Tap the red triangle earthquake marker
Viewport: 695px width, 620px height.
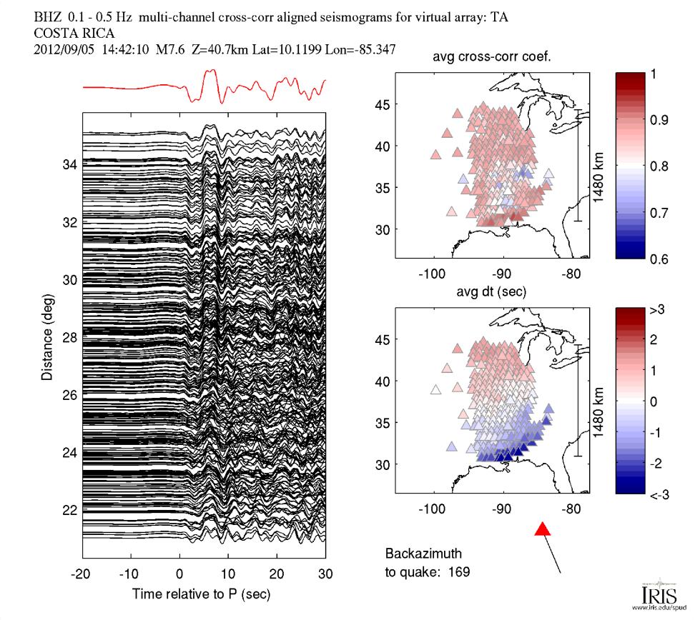pos(543,529)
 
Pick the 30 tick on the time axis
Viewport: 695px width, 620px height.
pos(325,574)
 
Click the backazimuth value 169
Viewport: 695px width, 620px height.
pos(460,571)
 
